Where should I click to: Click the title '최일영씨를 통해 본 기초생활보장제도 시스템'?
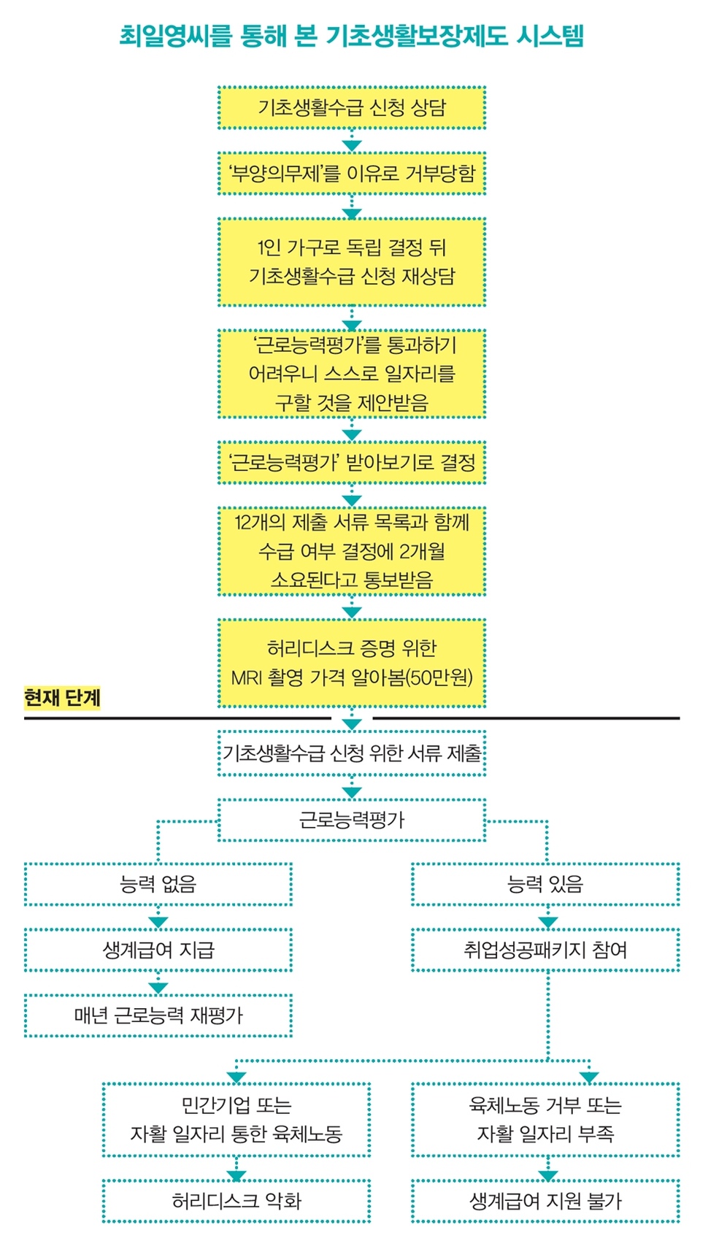(351, 36)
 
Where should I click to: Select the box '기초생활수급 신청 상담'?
(351, 108)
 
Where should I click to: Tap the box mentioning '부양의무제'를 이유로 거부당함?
(351, 174)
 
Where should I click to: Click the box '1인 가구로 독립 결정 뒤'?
(351, 261)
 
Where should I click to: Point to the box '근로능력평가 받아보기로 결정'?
(351, 462)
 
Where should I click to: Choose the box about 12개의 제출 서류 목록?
(351, 551)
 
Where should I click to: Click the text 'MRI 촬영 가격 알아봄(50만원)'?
(351, 677)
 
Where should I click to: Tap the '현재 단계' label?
(62, 698)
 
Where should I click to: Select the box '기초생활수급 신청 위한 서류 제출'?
(351, 753)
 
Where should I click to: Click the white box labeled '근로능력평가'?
(351, 820)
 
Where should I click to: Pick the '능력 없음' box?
(158, 885)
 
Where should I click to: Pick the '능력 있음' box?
(545, 885)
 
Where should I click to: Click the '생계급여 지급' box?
(158, 950)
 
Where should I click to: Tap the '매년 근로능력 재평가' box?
(158, 1015)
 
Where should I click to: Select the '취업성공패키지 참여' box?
(545, 950)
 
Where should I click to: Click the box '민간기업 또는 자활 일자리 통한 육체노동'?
(236, 1120)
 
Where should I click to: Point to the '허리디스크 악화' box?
(236, 1201)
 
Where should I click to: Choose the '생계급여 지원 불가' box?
(545, 1201)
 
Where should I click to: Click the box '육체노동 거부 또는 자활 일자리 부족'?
(545, 1120)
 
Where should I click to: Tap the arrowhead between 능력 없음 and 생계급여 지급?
(158, 922)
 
